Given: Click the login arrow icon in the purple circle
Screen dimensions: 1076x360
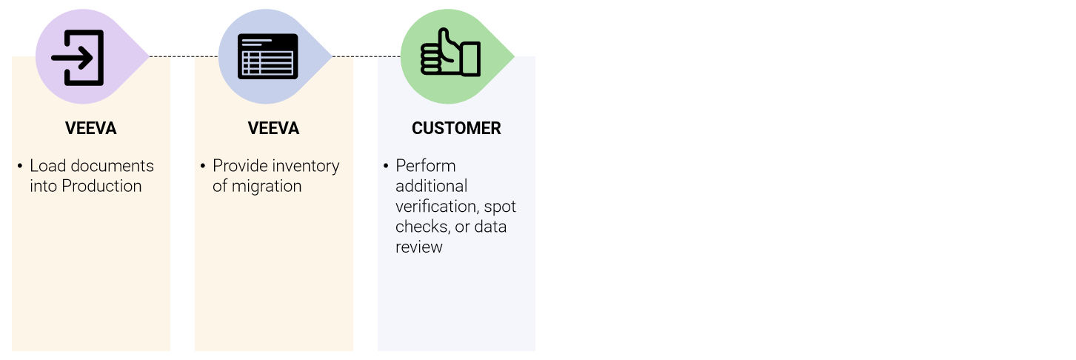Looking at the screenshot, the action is tap(77, 58).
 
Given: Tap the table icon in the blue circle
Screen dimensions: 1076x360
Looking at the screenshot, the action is tap(267, 56).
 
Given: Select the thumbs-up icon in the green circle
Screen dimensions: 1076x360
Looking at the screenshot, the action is tap(450, 53).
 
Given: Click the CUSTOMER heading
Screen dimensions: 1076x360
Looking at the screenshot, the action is tap(456, 128).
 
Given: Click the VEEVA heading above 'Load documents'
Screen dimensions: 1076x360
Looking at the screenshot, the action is tap(91, 128).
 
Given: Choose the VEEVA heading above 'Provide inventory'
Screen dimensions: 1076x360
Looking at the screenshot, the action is tap(273, 128).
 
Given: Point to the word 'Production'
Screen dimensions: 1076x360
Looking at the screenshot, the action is tap(101, 186).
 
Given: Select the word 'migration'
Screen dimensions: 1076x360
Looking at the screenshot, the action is tap(267, 187).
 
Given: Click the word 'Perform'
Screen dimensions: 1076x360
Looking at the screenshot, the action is tap(426, 166).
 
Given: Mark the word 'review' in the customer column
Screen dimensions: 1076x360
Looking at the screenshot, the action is tap(419, 247).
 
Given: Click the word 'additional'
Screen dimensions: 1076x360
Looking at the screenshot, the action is tap(431, 186).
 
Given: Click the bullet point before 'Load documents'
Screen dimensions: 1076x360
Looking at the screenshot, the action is tap(20, 167).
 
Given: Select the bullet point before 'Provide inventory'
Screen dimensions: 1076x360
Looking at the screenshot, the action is tap(203, 167).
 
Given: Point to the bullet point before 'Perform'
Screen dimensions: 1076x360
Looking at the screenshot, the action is tap(386, 167).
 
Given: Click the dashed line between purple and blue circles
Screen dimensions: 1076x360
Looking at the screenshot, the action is tap(184, 56).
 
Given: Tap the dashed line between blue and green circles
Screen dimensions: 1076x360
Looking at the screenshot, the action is tap(366, 56).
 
